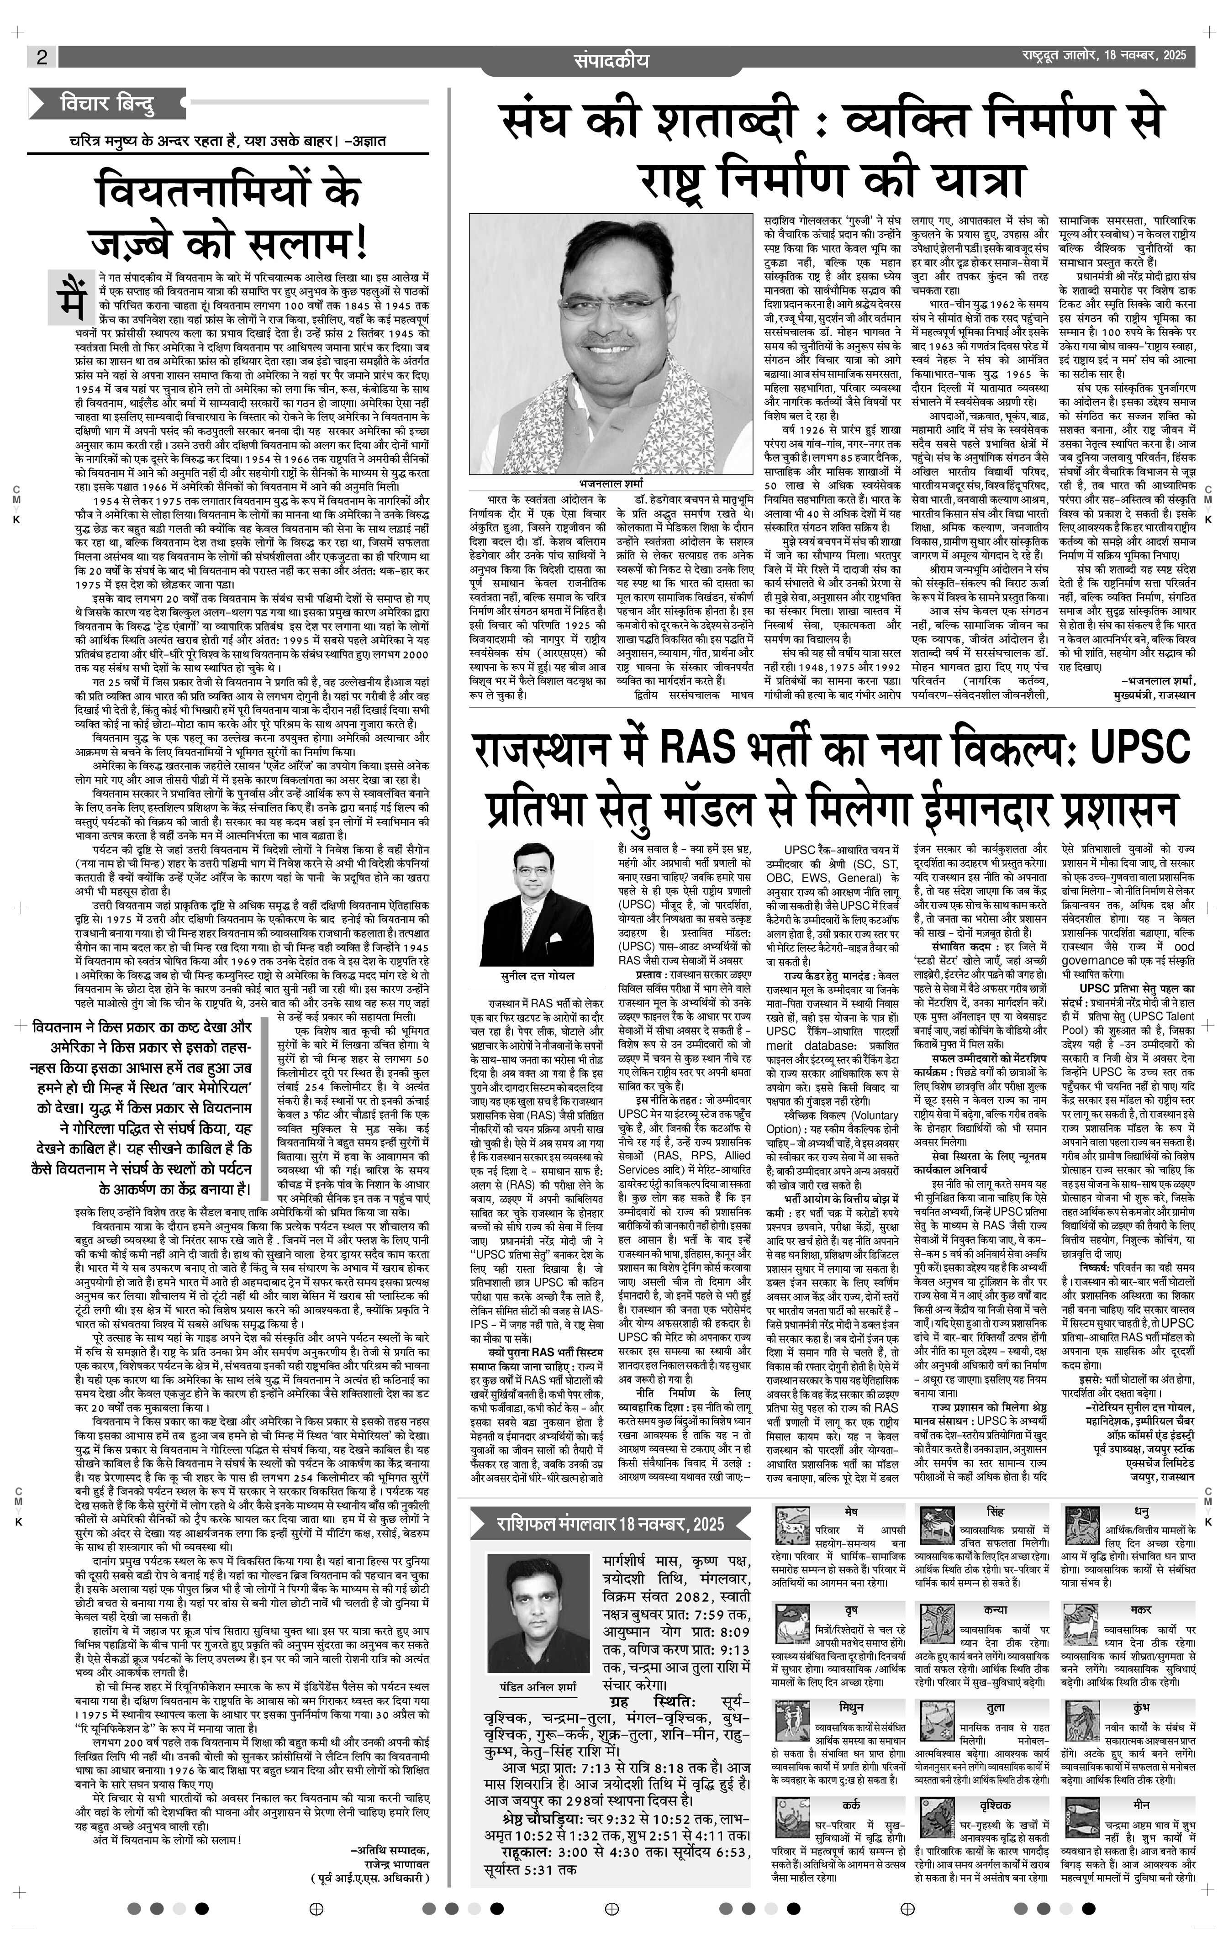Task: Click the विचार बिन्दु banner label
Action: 107,103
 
